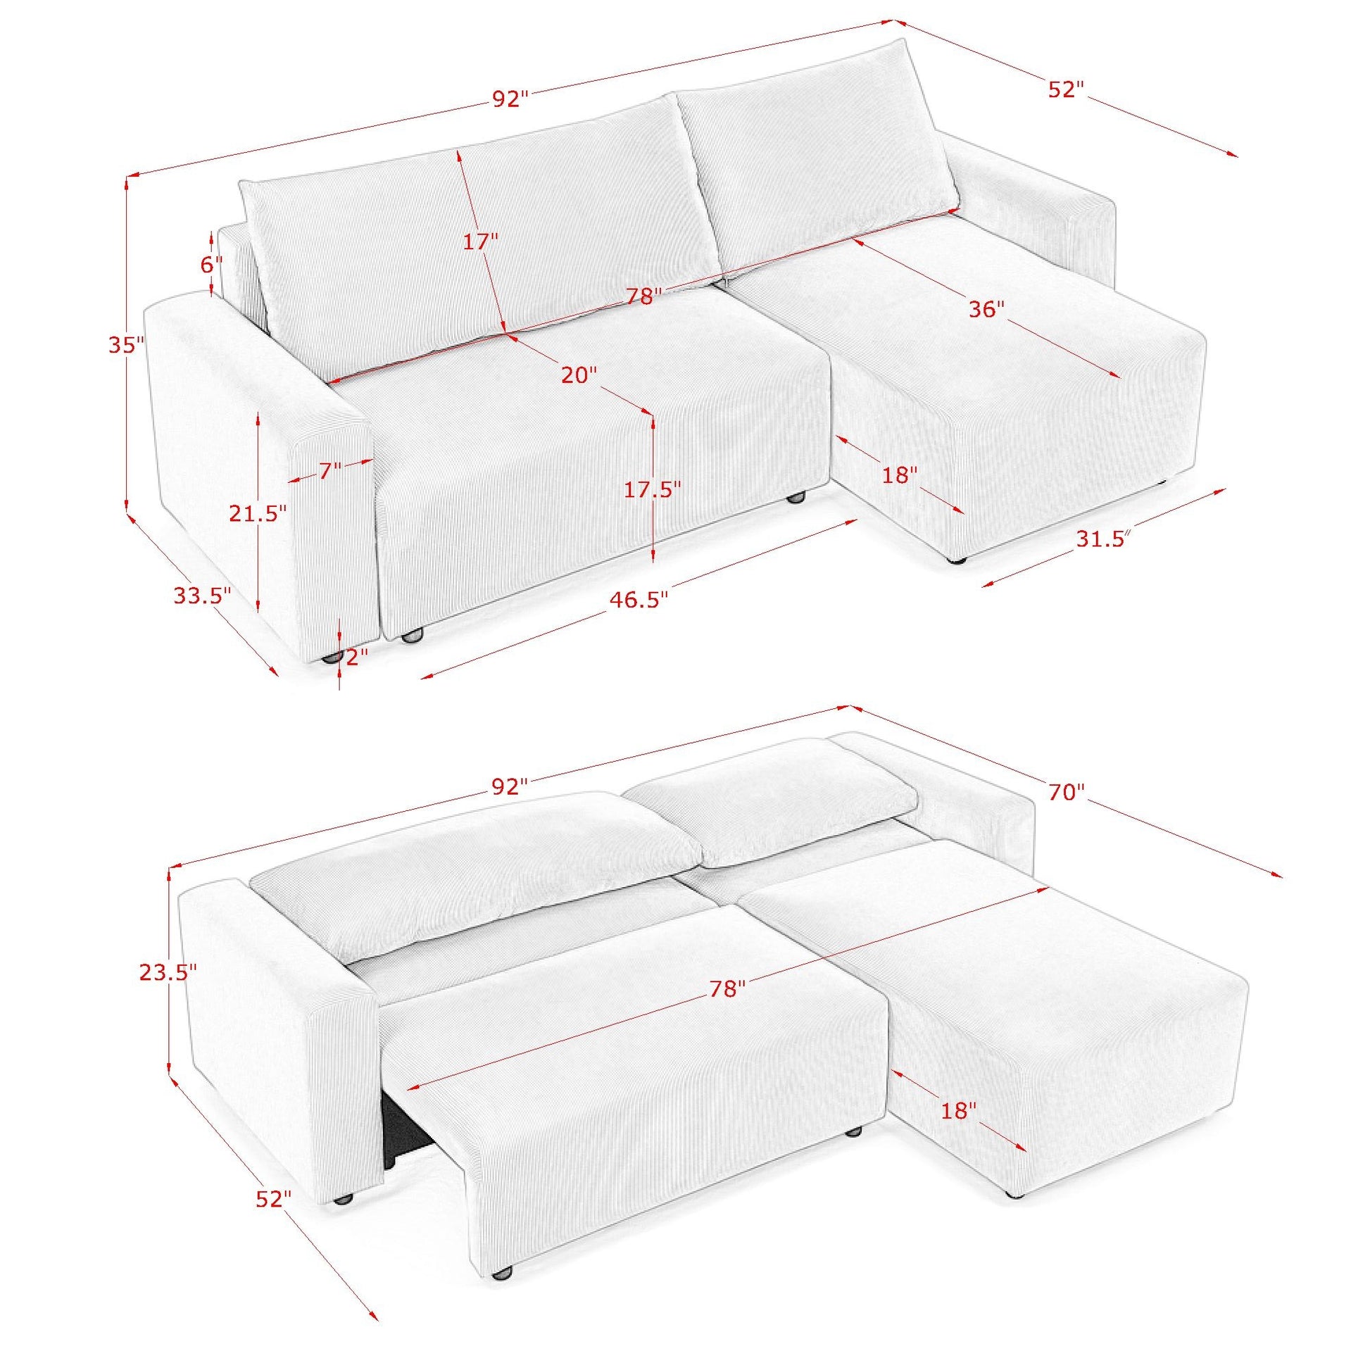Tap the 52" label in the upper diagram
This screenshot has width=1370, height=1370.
point(1065,90)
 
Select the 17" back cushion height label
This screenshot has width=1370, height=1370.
point(481,241)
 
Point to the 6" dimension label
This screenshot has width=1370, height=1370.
point(210,265)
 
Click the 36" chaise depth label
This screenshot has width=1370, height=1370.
point(987,309)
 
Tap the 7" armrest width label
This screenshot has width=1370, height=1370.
point(329,470)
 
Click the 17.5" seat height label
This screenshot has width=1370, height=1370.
point(653,489)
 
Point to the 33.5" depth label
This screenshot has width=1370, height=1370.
point(203,596)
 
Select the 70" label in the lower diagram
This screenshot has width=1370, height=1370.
point(1067,792)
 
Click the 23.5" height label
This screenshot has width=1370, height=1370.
point(168,972)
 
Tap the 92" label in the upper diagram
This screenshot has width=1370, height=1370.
point(510,99)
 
